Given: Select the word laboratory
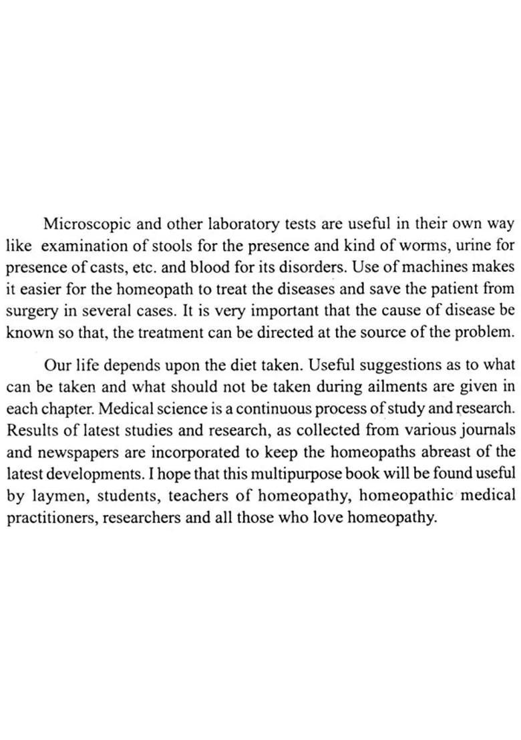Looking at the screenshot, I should tap(240, 223).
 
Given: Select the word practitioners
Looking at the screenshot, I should tap(47, 518).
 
